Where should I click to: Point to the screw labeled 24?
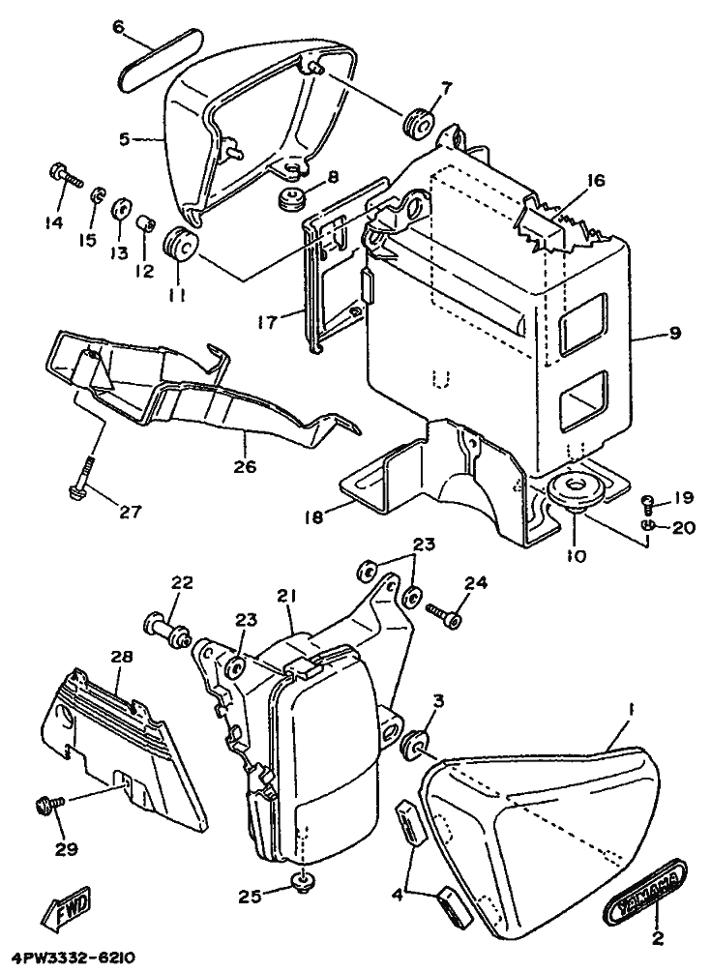click(444, 613)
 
